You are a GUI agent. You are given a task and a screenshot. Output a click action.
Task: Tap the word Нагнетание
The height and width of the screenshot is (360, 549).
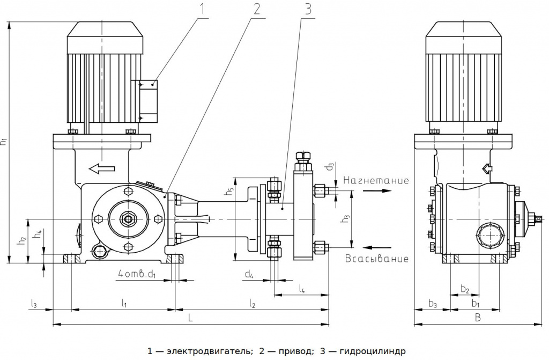(x=376, y=180)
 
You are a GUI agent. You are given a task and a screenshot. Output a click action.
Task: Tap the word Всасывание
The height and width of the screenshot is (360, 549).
(x=376, y=259)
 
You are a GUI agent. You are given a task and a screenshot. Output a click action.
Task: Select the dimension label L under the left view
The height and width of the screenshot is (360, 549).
(x=190, y=318)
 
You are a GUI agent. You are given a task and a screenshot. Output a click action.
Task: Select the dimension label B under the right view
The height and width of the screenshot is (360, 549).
(x=478, y=318)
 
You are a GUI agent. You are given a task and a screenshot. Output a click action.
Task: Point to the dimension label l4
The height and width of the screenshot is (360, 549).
(x=302, y=289)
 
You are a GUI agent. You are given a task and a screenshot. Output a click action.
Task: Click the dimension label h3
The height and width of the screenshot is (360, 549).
(x=346, y=218)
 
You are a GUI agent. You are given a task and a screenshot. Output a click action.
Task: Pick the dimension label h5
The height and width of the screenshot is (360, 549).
(x=229, y=192)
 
